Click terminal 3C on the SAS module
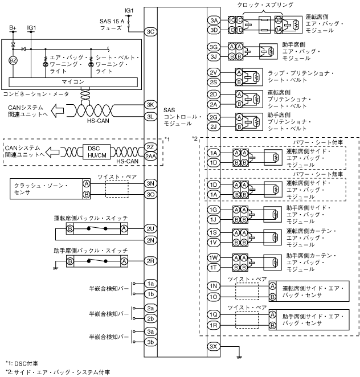pos(151,32)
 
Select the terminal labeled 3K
pos(151,105)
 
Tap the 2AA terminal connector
pos(151,155)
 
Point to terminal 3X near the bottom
pos(214,347)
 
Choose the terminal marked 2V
pos(214,72)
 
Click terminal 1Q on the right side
pos(214,314)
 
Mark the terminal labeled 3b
pos(151,342)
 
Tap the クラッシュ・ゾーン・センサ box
pos(46,189)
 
